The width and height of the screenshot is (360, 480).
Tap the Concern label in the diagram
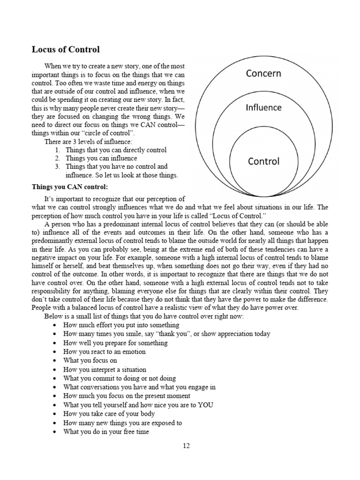[x=263, y=73]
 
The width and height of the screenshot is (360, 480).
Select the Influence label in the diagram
[x=263, y=107]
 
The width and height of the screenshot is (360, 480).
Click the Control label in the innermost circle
[x=263, y=161]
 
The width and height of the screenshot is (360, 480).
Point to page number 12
[x=186, y=446]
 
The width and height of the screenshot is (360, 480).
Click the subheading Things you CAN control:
[x=70, y=187]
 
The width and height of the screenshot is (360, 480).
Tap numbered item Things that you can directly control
[x=116, y=150]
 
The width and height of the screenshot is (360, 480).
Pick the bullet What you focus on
[x=90, y=360]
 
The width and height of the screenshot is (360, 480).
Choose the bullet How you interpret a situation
[x=105, y=369]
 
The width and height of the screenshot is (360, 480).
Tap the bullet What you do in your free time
[x=106, y=432]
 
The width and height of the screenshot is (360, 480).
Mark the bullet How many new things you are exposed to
[x=122, y=423]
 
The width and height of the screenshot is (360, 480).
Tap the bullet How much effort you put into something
[x=115, y=325]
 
